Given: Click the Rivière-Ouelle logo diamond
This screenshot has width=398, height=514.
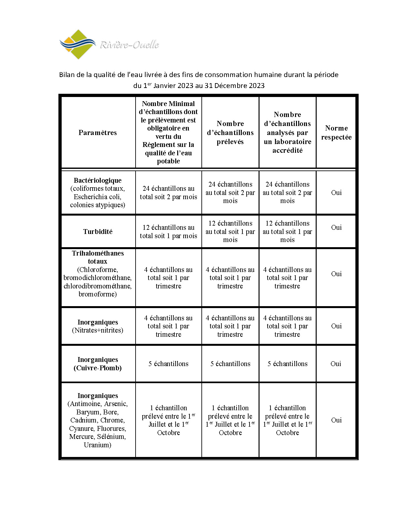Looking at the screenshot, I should pyautogui.click(x=78, y=44).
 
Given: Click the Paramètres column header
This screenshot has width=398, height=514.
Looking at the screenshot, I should pyautogui.click(x=97, y=132).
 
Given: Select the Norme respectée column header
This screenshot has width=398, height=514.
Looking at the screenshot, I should pyautogui.click(x=336, y=132).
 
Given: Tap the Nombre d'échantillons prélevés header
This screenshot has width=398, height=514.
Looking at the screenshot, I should pyautogui.click(x=230, y=132).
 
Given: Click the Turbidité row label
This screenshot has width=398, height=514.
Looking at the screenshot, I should pyautogui.click(x=97, y=231).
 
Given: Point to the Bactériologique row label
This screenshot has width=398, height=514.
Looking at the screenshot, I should pyautogui.click(x=97, y=180).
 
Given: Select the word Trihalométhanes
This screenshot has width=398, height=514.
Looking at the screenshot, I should pyautogui.click(x=97, y=253).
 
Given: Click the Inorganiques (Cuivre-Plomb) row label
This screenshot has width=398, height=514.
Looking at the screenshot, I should pyautogui.click(x=97, y=364).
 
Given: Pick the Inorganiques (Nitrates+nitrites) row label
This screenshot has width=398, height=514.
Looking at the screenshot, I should pyautogui.click(x=97, y=326).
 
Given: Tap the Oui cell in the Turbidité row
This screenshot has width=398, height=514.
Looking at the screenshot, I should pyautogui.click(x=336, y=227).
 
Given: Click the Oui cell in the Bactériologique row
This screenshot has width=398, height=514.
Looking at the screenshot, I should pyautogui.click(x=336, y=192).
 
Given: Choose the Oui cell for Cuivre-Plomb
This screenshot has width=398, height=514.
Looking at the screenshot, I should pyautogui.click(x=335, y=364).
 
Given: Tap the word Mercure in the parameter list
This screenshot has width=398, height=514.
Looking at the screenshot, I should pyautogui.click(x=81, y=436).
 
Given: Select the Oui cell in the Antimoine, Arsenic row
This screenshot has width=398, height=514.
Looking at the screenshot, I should pyautogui.click(x=336, y=420).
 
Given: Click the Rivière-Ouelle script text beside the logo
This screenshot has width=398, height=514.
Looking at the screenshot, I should pyautogui.click(x=129, y=45).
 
